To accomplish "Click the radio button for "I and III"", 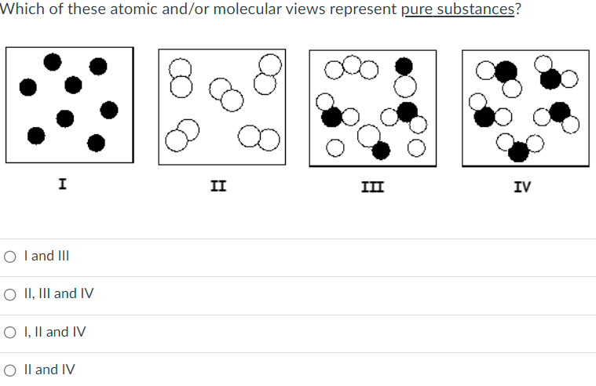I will tap(10, 256).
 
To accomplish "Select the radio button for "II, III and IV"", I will tap(10, 294).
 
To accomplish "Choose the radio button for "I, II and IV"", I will tap(10, 332).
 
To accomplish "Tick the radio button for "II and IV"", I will tap(10, 370).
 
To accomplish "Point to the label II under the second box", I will tap(219, 186).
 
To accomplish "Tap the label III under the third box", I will tap(367, 187).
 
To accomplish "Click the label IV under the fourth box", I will tap(522, 187).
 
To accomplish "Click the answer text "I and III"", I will tap(47, 256).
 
